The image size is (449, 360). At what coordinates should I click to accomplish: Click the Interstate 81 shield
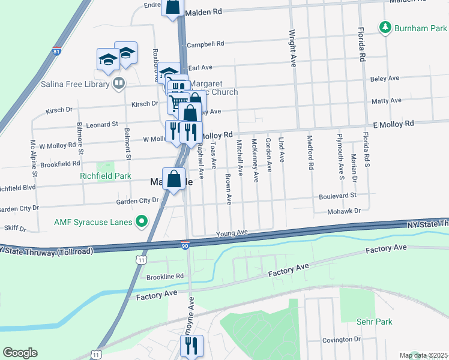pos(56,52)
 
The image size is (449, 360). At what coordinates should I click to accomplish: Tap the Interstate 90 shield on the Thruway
pos(185,245)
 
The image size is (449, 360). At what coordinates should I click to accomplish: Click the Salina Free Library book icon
pos(119,83)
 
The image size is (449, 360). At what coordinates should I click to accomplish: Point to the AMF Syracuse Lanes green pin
pos(142,222)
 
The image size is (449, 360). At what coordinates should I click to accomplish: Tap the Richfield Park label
pos(105,176)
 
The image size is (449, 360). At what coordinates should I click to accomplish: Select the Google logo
pos(20,353)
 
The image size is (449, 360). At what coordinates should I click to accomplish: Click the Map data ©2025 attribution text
pos(424,355)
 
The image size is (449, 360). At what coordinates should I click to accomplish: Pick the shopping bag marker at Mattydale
pos(173,179)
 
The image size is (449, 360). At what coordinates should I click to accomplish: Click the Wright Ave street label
pos(292,48)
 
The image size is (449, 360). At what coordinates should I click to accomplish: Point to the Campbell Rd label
pos(205,44)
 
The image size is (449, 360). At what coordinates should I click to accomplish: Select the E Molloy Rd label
pos(393,124)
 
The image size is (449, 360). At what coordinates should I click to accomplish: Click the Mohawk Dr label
pos(344,211)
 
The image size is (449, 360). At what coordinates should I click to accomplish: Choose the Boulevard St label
pos(337,195)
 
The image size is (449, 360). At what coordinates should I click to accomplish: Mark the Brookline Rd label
pos(164,276)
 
